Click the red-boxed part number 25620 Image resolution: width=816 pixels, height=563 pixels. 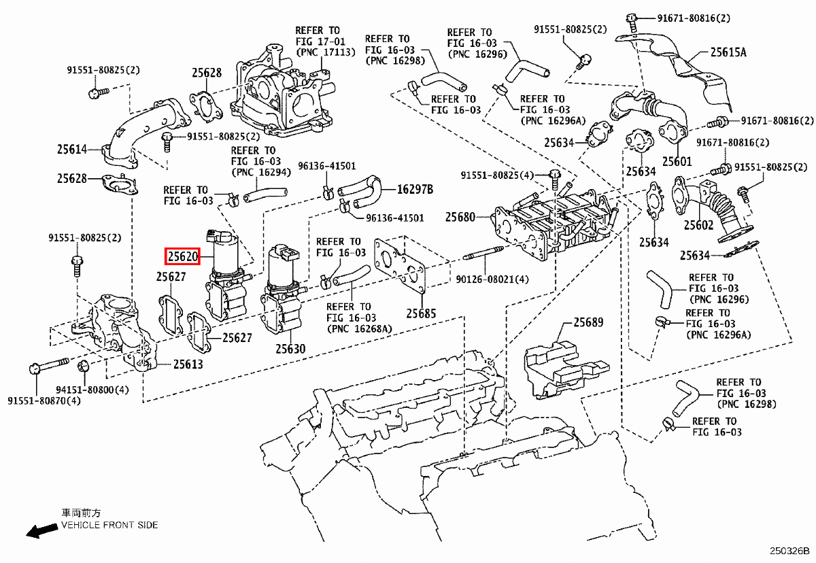(x=182, y=257)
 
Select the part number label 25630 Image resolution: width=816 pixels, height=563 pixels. (x=290, y=349)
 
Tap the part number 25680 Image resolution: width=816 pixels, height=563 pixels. (x=460, y=218)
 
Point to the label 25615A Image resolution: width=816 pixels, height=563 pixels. (x=728, y=51)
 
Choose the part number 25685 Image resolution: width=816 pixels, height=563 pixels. (x=421, y=313)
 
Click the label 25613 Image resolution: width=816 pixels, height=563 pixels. (x=188, y=364)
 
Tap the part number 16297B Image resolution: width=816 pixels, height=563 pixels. (x=415, y=189)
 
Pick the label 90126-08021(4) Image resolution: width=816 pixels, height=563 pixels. (x=492, y=279)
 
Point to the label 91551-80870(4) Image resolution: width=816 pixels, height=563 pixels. (x=44, y=400)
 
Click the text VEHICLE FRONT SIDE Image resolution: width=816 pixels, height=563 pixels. (x=109, y=525)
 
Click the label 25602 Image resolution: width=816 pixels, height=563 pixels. (x=698, y=224)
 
